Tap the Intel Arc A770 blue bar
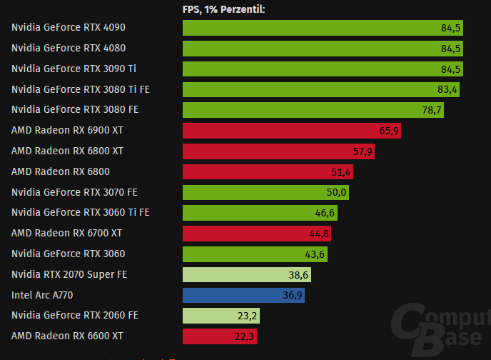click(243, 295)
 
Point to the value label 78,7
click(432, 110)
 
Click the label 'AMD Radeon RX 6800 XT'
click(67, 151)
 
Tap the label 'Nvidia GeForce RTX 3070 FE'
click(75, 192)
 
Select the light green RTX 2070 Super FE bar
click(247, 274)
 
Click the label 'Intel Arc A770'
click(42, 295)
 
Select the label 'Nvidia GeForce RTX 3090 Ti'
click(74, 69)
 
